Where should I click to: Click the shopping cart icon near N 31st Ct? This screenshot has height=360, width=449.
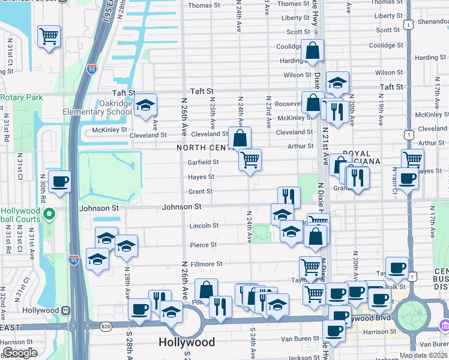49,36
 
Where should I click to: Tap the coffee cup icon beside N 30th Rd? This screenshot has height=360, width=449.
59,181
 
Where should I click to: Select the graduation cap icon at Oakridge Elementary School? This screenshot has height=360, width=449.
145,105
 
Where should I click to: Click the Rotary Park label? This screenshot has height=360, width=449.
22,97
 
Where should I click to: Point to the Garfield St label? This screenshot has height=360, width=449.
202,162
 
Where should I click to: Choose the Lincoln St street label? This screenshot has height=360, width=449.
204,226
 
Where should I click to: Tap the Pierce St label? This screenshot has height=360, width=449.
203,245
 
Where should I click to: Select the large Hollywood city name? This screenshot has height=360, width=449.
187,342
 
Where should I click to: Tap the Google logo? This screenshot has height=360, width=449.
20,353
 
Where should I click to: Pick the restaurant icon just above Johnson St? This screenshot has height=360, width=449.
289,197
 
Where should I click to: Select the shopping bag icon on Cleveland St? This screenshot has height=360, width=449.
240,138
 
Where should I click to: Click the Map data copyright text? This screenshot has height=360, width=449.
423,355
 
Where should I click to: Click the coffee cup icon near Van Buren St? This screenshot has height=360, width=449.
334,330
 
